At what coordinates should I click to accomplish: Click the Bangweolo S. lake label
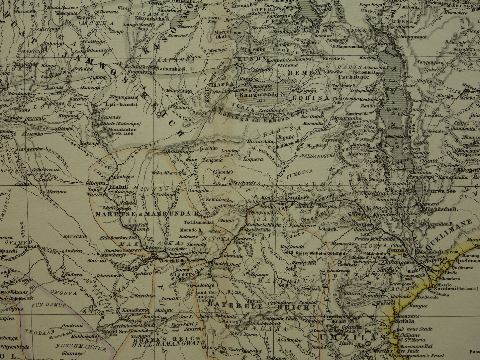[262, 94]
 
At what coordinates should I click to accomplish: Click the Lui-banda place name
[116, 104]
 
